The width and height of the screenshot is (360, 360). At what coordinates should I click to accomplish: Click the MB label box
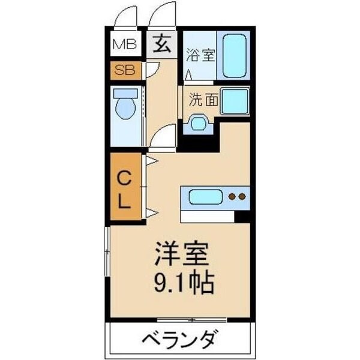pos(125,44)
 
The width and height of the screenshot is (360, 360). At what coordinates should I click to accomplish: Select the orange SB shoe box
pos(125,70)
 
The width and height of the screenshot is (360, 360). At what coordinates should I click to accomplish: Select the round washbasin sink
pos(197,123)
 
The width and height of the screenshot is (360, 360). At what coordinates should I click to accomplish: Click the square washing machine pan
pos(235,101)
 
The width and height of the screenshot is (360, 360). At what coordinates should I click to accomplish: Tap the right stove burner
pos(242,196)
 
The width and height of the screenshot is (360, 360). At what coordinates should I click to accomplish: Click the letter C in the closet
pos(124,178)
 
